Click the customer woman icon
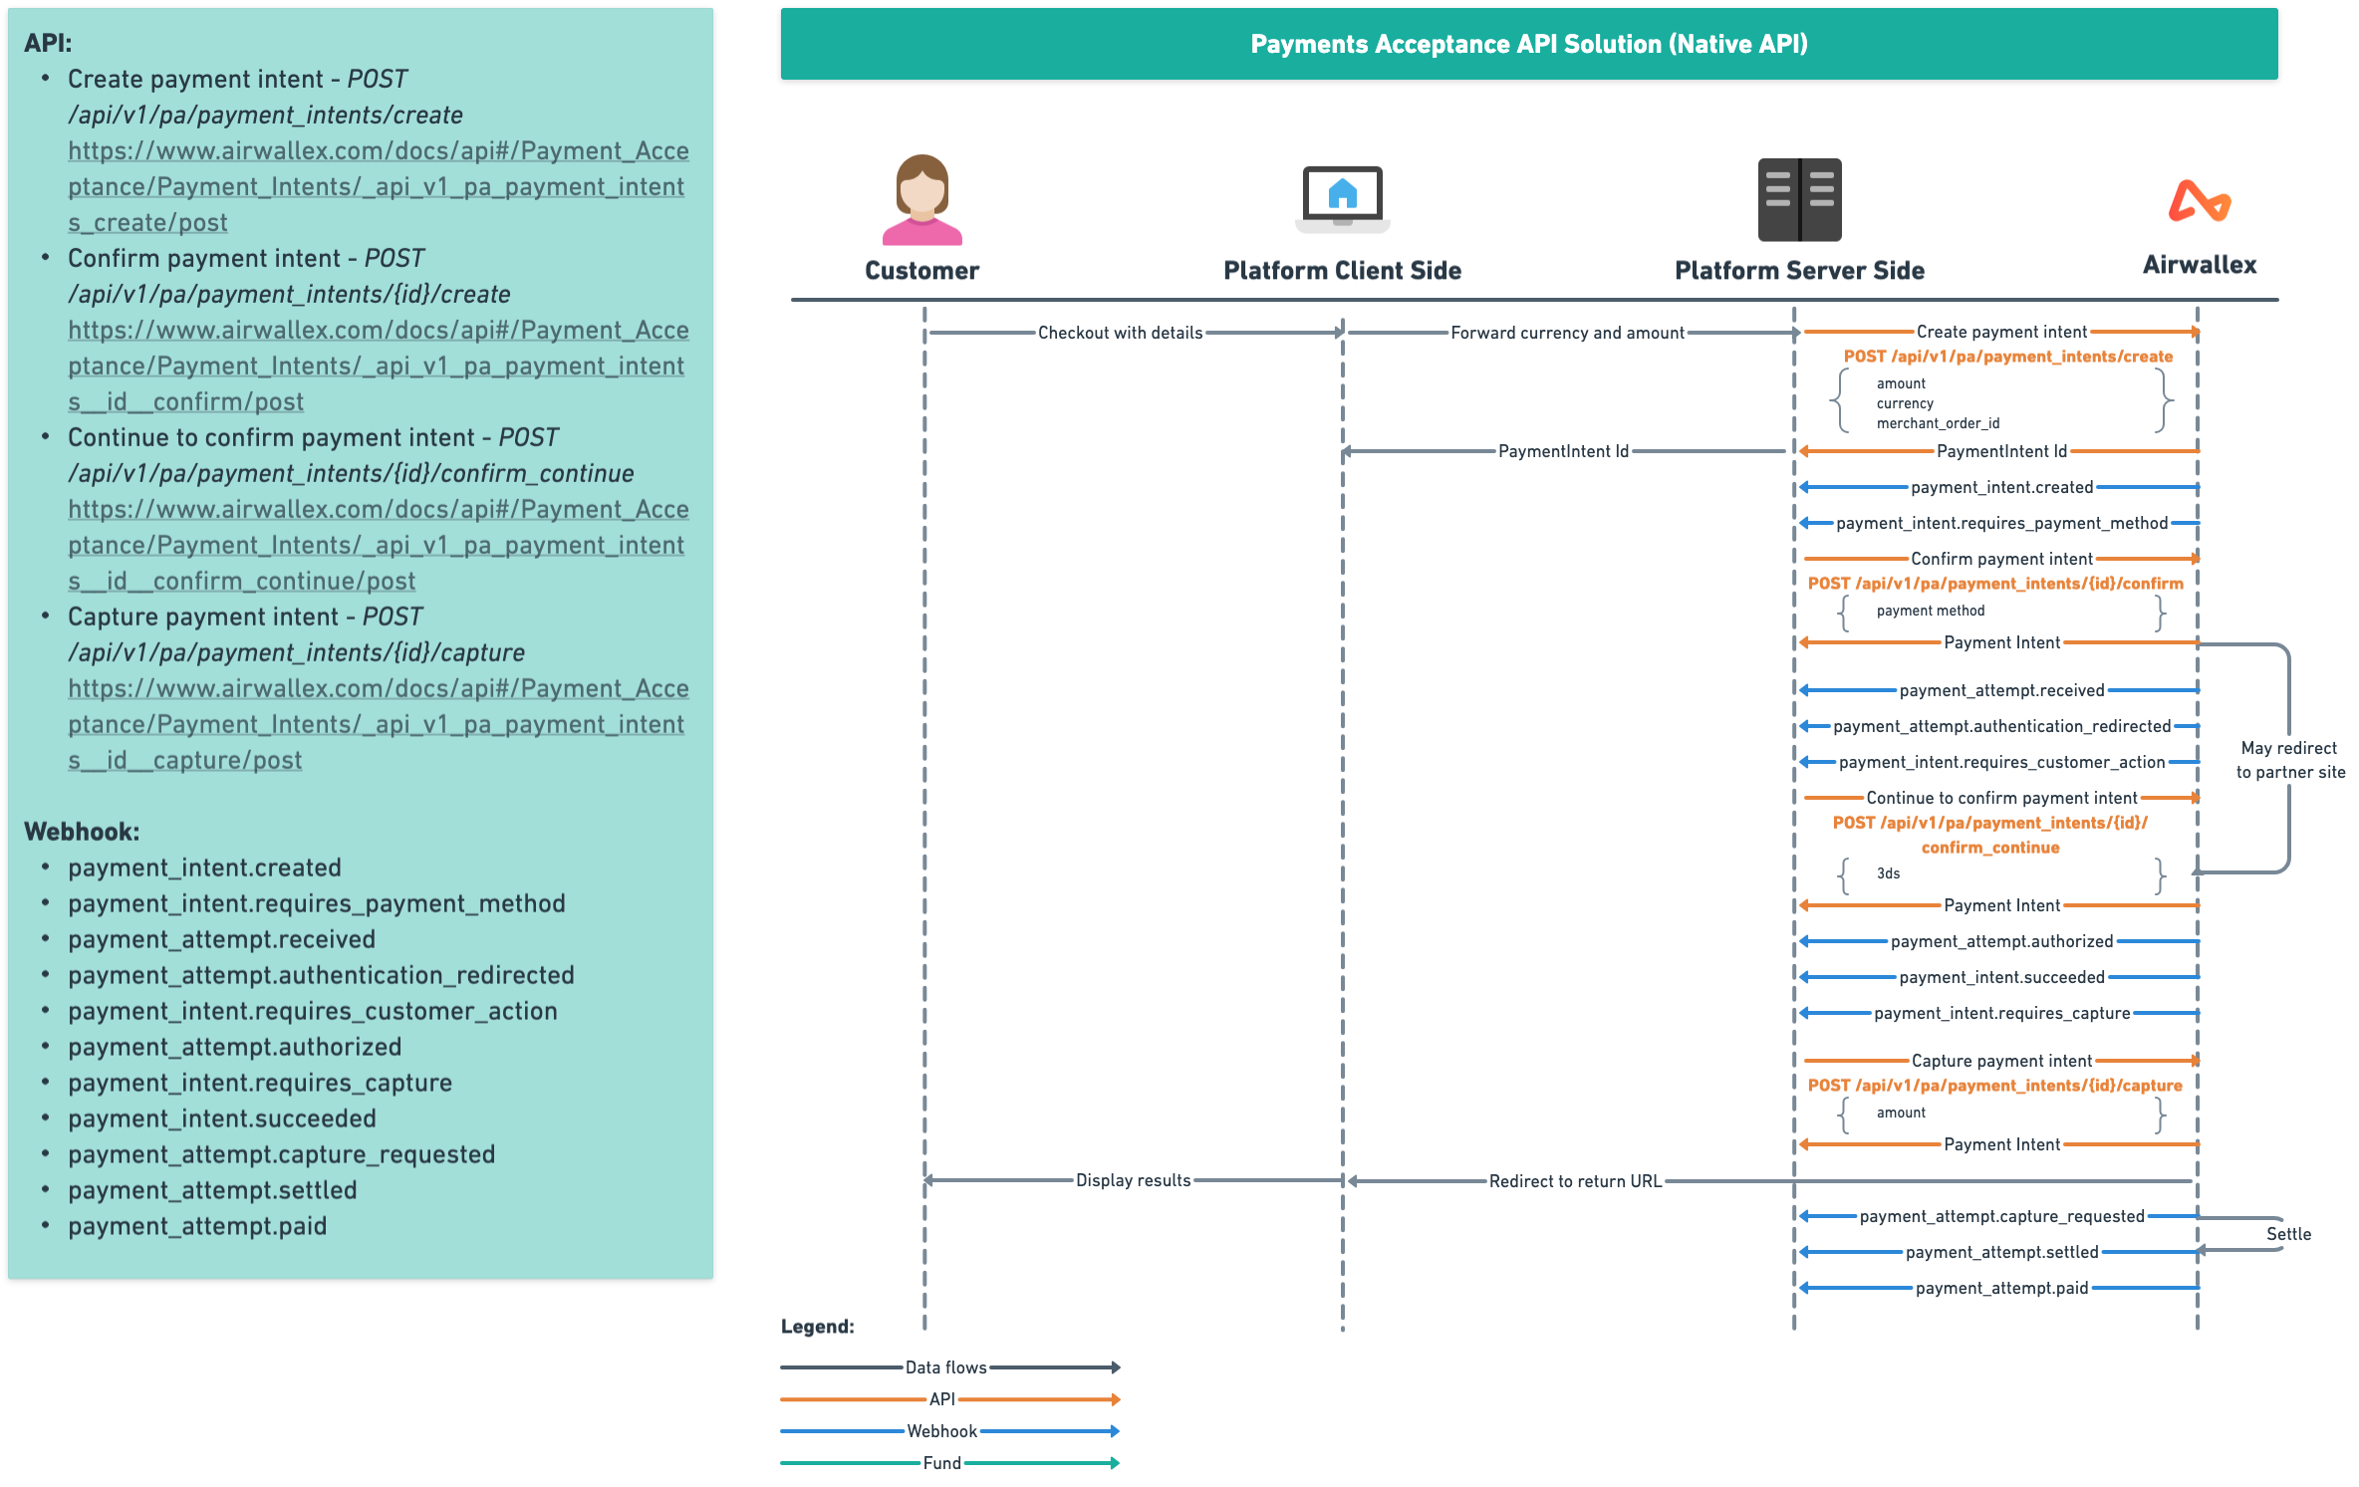(921, 200)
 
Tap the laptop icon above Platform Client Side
(1342, 199)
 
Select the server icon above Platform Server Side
(1799, 199)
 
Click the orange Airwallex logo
(2200, 201)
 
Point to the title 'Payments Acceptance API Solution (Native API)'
(1528, 44)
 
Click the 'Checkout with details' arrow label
(1120, 333)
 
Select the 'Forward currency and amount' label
(1567, 333)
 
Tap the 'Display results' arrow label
(1133, 1180)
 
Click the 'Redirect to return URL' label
(1575, 1181)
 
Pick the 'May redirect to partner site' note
(2290, 760)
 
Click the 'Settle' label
(2288, 1234)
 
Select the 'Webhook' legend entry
(941, 1431)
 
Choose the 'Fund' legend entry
(941, 1463)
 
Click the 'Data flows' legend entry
(945, 1367)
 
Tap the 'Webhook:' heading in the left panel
(82, 832)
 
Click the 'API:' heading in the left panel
(48, 43)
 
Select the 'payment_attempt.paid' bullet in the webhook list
(197, 1226)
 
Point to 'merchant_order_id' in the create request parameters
(1938, 423)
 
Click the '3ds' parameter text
(1888, 873)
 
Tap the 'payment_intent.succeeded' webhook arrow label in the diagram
(2001, 977)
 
